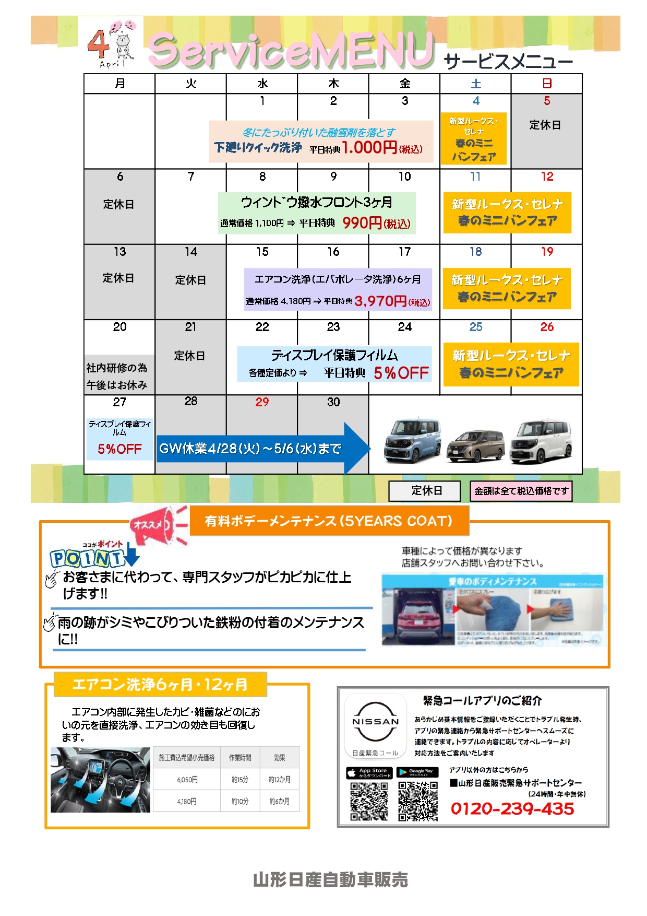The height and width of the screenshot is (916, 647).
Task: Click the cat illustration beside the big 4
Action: tap(124, 46)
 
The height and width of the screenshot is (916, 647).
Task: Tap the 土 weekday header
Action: tap(476, 84)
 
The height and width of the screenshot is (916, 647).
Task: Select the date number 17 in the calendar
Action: tap(405, 252)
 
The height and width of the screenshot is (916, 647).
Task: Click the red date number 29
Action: tap(262, 402)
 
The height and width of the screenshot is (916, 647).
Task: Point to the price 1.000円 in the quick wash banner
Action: tap(369, 147)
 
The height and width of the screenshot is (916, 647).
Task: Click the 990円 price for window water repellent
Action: tap(362, 223)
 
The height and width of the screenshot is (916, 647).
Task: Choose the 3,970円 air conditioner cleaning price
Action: tap(380, 301)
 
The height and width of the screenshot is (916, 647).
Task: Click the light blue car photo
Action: tap(412, 441)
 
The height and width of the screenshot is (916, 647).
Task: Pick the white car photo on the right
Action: tap(541, 442)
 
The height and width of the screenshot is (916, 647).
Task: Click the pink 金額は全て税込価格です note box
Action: tap(521, 491)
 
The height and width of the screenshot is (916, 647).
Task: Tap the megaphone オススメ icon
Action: tap(159, 524)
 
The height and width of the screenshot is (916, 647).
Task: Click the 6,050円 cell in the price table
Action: tap(187, 779)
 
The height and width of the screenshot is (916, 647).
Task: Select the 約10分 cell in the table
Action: tap(239, 801)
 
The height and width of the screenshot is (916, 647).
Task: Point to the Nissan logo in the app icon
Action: tap(376, 721)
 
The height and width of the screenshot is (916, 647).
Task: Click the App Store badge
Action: tap(369, 772)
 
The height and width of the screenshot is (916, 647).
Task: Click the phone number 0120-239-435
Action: tap(512, 808)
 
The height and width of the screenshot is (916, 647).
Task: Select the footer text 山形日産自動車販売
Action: tap(330, 879)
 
